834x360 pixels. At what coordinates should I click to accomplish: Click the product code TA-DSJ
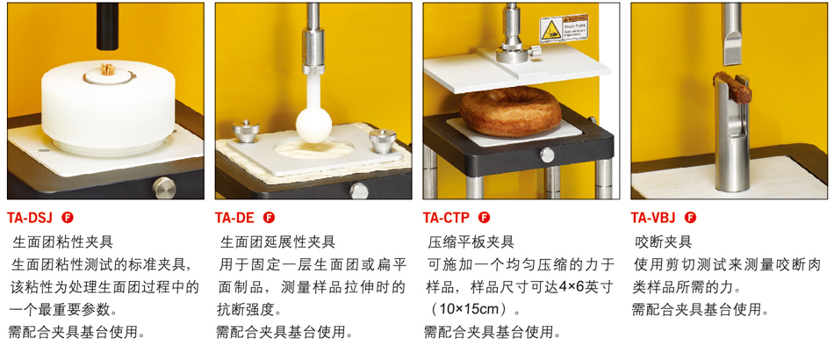coord(31,218)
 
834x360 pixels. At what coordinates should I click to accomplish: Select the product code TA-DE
coord(235,218)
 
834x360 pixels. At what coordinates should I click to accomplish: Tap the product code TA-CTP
coord(446,218)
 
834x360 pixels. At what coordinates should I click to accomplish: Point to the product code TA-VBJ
coord(653,218)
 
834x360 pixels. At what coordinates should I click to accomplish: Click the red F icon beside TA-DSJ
coord(68,218)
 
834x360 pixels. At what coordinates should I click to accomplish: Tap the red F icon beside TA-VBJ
coord(690,218)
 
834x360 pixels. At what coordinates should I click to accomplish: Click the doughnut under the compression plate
coord(511,112)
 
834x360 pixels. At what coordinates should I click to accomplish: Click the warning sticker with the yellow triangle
coord(564,28)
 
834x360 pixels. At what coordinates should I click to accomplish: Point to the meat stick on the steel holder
coord(732,86)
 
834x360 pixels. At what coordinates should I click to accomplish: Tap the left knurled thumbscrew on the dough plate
coord(246,131)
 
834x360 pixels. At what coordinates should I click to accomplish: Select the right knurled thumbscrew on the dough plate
coord(383,140)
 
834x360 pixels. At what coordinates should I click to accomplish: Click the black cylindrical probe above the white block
coord(107,26)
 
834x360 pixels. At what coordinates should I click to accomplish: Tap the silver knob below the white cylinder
coord(164,188)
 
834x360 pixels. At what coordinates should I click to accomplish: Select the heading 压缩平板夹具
coord(471,242)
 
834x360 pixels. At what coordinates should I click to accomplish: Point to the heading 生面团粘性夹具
coord(62,242)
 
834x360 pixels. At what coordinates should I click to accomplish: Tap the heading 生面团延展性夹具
coord(277,242)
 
